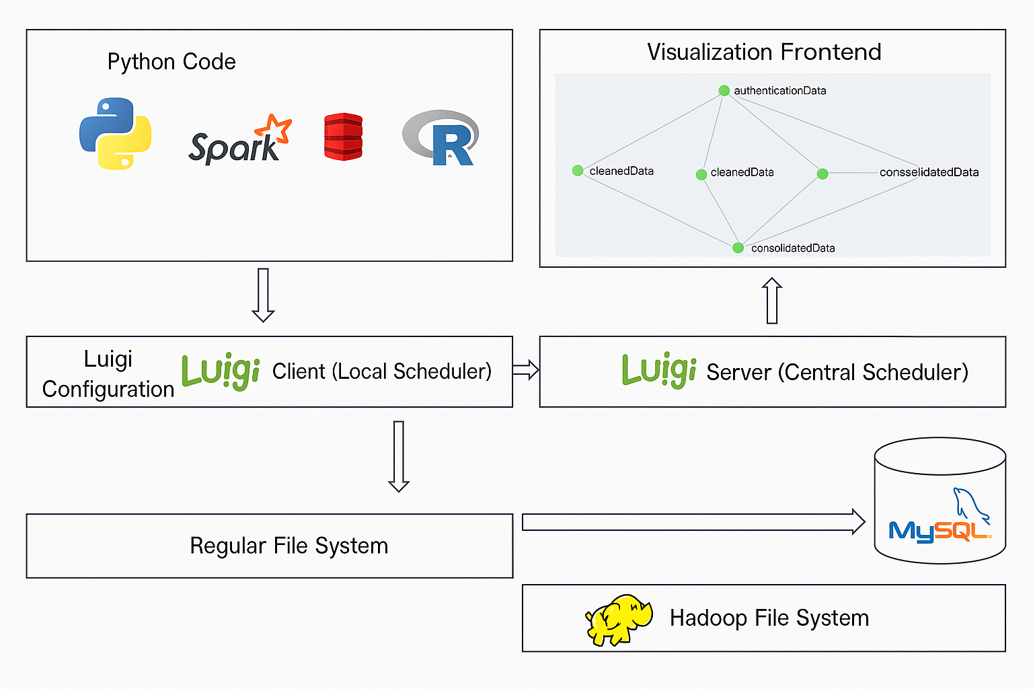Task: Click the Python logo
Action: click(x=115, y=133)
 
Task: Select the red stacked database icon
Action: click(x=343, y=137)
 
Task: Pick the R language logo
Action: click(x=441, y=139)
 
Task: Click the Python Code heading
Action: click(x=171, y=62)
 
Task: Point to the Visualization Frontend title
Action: click(x=764, y=52)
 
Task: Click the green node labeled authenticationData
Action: click(x=724, y=91)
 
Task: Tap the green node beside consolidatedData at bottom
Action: click(x=738, y=248)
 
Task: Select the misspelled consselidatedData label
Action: click(x=929, y=172)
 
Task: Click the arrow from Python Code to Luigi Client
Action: click(x=263, y=295)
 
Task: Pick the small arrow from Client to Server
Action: click(x=525, y=370)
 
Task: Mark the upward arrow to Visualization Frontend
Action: click(x=772, y=301)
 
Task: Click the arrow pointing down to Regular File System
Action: click(x=399, y=456)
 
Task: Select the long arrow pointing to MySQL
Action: click(x=693, y=521)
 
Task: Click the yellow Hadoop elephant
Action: click(x=619, y=619)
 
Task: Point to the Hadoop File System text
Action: click(x=769, y=618)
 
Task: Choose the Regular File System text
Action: click(x=289, y=546)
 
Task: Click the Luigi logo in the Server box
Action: click(x=658, y=370)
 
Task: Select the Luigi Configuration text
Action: click(x=108, y=373)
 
